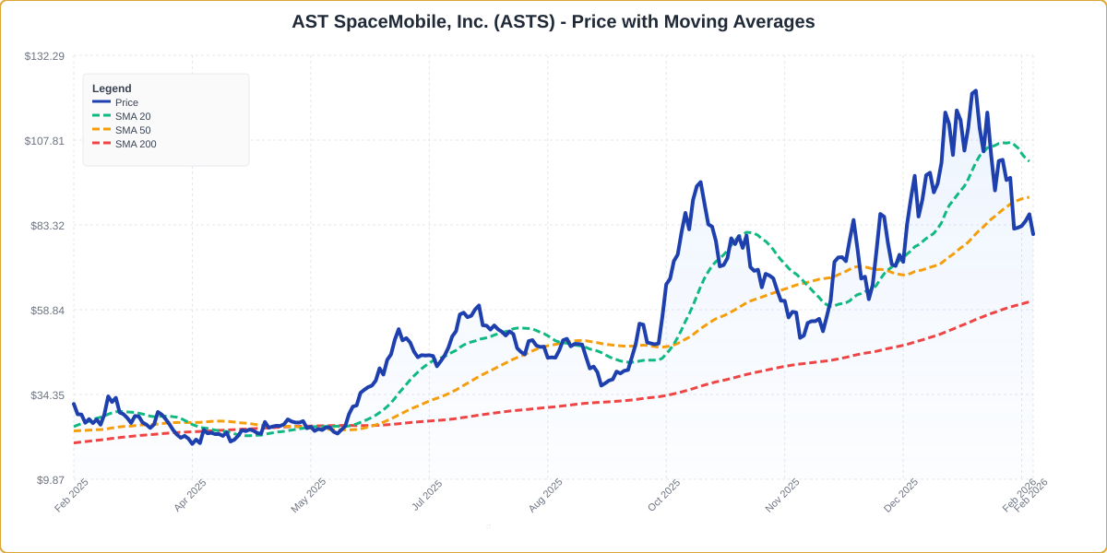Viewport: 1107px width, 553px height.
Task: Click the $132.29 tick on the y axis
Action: (44, 56)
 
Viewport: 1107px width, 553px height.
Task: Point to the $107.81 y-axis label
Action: (44, 141)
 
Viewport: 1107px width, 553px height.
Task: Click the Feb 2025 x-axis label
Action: (72, 495)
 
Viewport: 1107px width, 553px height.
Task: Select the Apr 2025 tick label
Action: (190, 495)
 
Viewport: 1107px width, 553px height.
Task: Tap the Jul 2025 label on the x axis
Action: (427, 495)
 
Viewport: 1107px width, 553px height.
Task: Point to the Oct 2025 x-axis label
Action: (664, 495)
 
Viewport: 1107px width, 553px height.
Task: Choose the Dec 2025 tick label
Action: (901, 495)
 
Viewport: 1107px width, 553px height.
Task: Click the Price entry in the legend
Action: (126, 102)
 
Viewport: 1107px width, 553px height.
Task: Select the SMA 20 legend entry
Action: (133, 116)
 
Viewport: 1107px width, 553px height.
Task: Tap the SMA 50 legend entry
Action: (133, 130)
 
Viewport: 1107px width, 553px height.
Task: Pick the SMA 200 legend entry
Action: (136, 144)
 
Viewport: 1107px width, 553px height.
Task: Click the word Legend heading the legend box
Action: (112, 88)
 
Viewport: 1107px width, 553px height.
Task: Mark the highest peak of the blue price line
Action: (975, 91)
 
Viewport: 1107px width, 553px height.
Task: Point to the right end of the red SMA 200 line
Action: (1030, 301)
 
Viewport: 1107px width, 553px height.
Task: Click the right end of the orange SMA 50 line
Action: (1030, 196)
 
